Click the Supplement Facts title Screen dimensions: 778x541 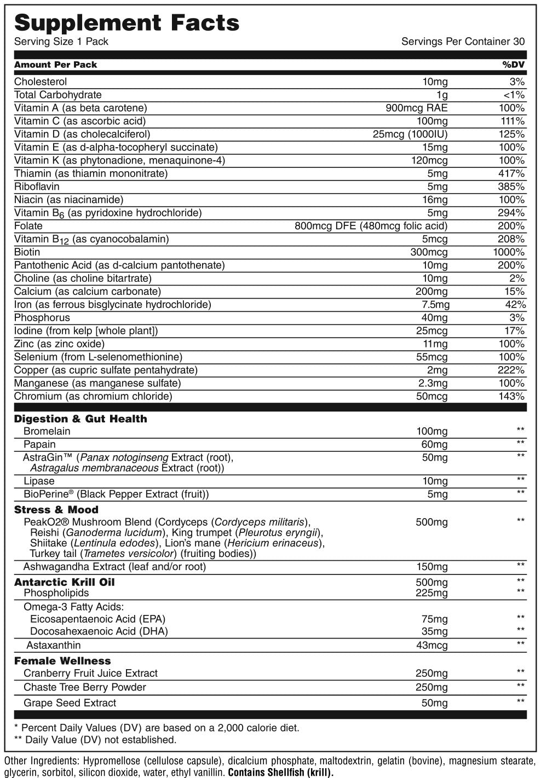pos(126,22)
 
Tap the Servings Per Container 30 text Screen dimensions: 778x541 pos(463,42)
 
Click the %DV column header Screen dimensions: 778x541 pos(513,65)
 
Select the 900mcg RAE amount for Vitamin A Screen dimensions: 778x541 pos(417,108)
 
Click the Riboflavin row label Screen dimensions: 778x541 pos(37,187)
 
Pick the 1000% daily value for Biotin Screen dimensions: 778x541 pos(509,252)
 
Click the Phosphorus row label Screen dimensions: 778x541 pos(42,318)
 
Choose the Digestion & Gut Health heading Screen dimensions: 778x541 pos(80,419)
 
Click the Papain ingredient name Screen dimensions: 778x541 pos(39,444)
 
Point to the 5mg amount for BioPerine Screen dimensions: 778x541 pos(437,495)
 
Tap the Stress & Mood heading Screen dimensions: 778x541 pos(56,509)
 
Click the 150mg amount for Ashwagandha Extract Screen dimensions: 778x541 pos(431,567)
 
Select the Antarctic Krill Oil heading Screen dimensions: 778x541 pos(65,582)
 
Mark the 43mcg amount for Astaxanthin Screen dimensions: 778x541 pos(431,646)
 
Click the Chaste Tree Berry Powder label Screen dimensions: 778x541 pos(85,687)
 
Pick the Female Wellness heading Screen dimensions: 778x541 pos(62,661)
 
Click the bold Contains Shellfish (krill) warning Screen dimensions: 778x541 pos(280,773)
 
